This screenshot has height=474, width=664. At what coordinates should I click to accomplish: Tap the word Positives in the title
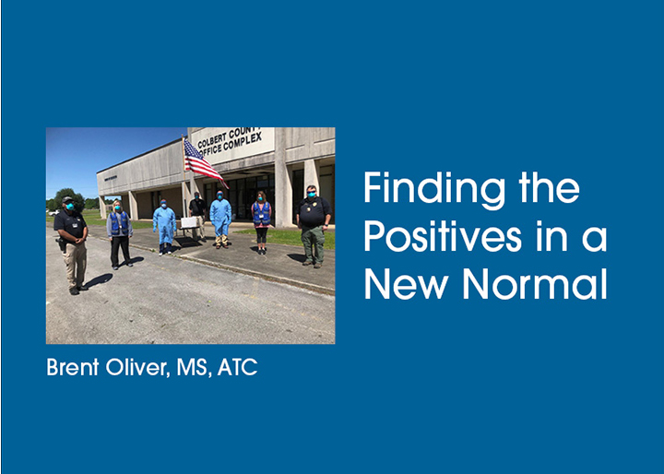pyautogui.click(x=443, y=237)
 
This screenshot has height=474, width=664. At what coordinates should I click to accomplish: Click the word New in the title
pyautogui.click(x=406, y=284)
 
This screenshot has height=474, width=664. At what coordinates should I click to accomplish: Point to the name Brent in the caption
pyautogui.click(x=73, y=367)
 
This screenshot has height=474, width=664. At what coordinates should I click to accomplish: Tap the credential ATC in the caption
pyautogui.click(x=237, y=367)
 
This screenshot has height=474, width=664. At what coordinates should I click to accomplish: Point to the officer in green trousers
pyautogui.click(x=314, y=226)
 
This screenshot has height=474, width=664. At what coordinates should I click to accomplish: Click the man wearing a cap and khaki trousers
pyautogui.click(x=72, y=244)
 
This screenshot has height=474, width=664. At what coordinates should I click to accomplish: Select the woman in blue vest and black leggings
pyautogui.click(x=261, y=222)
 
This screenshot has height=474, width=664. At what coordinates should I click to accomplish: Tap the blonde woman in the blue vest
pyautogui.click(x=120, y=234)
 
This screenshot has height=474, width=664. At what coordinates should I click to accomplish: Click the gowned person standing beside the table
pyautogui.click(x=164, y=227)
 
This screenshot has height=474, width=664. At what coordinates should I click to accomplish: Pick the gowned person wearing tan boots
pyautogui.click(x=220, y=219)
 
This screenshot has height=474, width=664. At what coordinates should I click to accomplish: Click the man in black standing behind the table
pyautogui.click(x=197, y=215)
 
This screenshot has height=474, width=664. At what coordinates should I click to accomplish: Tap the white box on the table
pyautogui.click(x=189, y=222)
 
